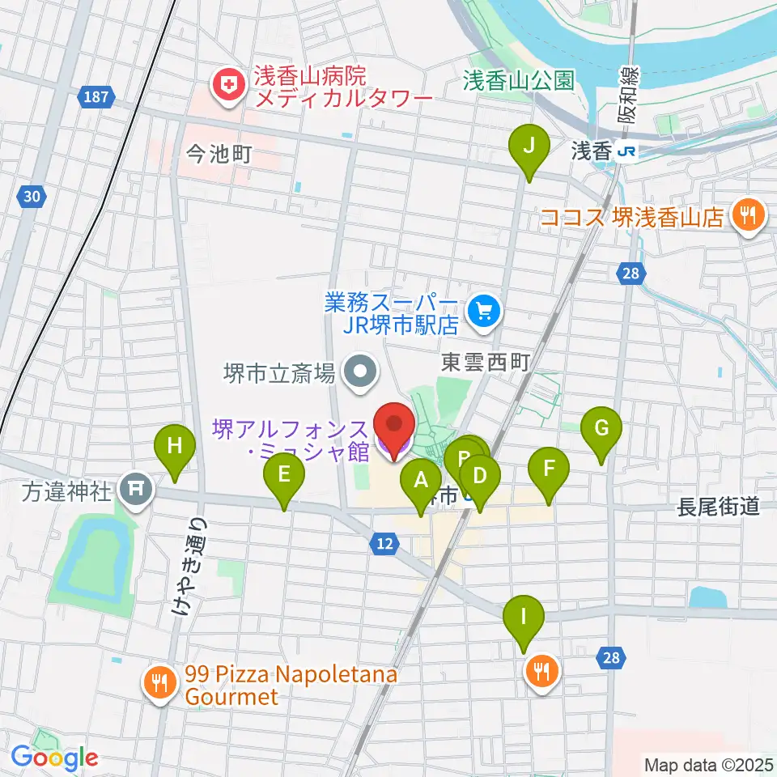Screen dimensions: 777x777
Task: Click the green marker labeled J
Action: (x=529, y=146)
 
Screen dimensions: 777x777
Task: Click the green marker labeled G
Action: (x=601, y=428)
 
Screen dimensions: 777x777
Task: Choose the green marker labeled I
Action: (x=524, y=617)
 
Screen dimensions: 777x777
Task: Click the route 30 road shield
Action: (x=32, y=197)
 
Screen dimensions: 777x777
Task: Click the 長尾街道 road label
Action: (x=719, y=507)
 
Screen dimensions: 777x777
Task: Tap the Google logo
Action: (x=54, y=758)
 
